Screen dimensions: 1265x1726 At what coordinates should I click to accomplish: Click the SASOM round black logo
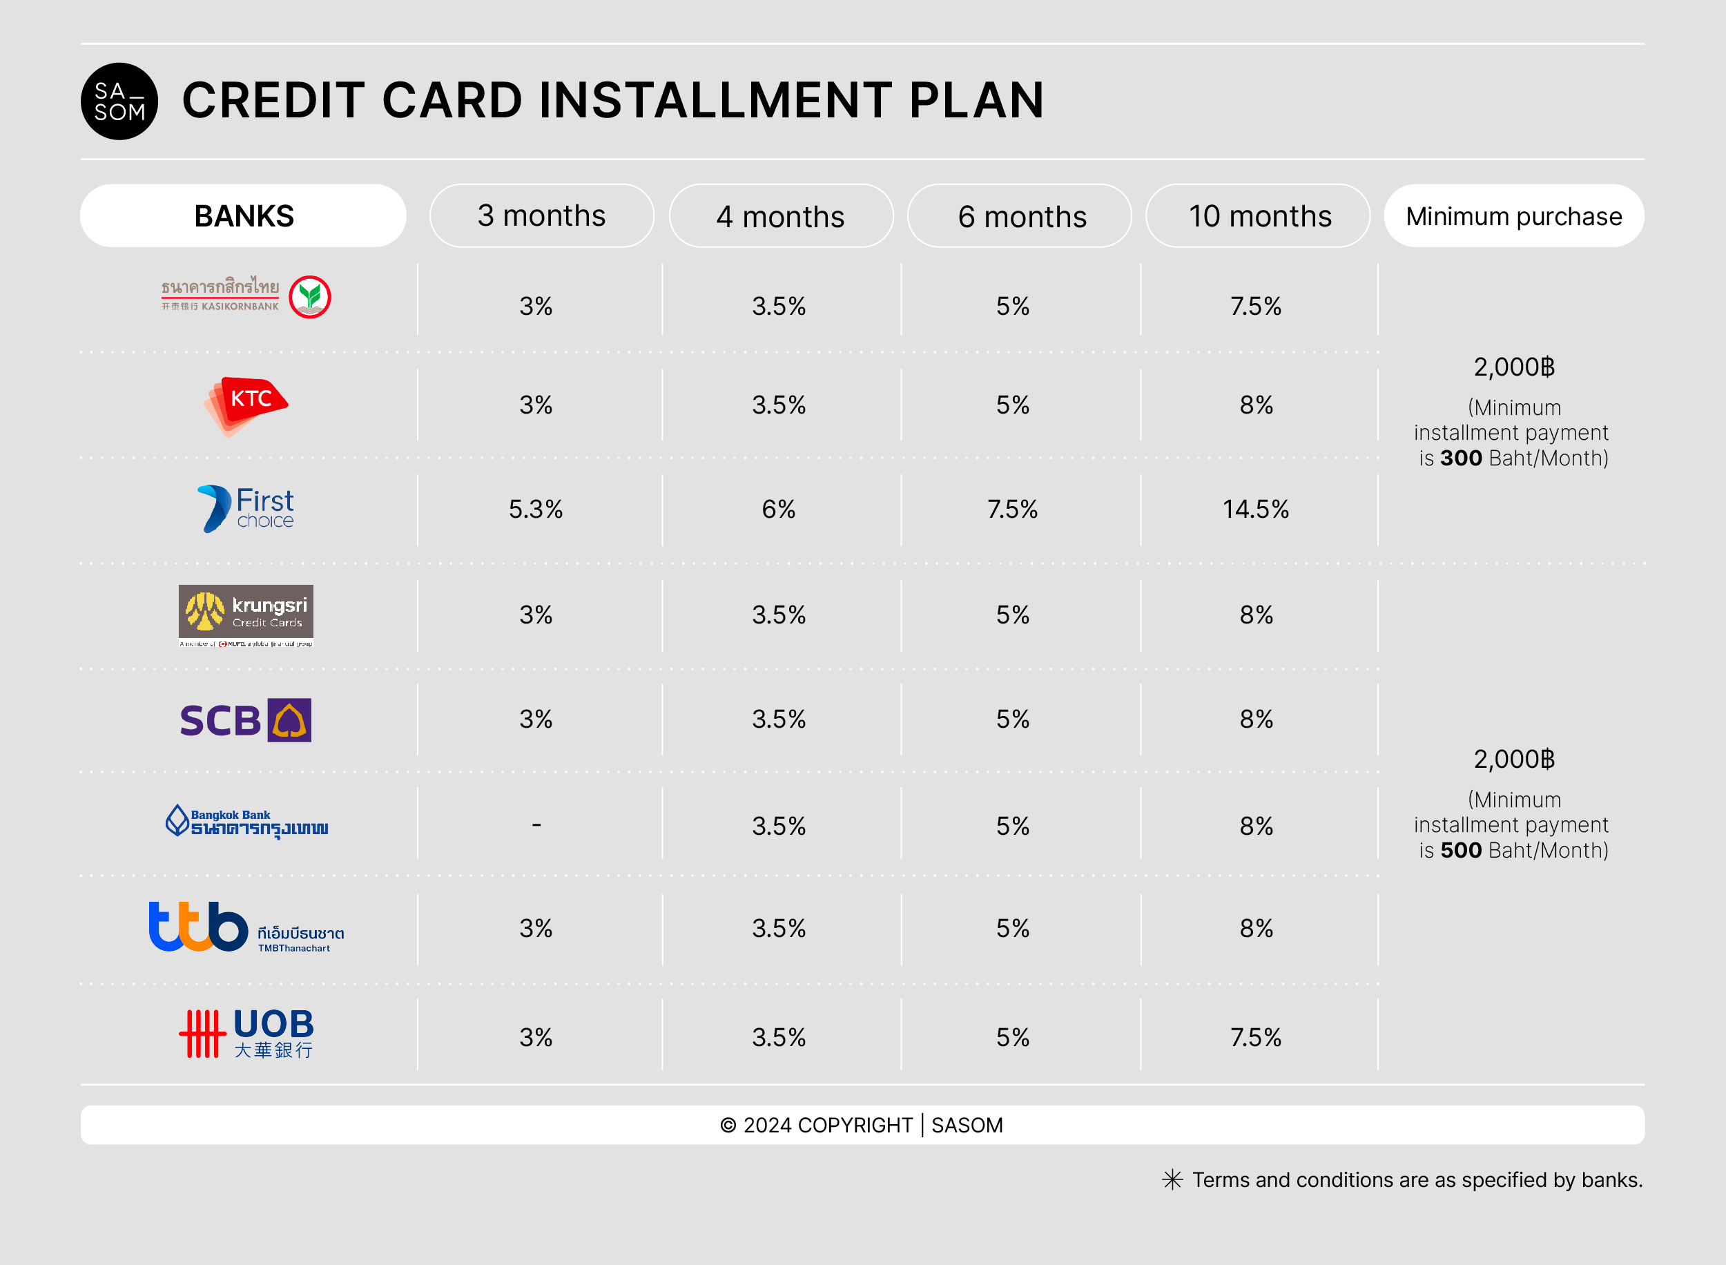(119, 101)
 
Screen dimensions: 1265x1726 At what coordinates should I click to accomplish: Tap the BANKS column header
(244, 216)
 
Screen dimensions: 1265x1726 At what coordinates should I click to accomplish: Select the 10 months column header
(1259, 216)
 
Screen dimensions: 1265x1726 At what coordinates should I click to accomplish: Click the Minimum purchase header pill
(1513, 216)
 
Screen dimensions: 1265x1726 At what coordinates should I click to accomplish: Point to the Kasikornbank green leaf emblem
(310, 297)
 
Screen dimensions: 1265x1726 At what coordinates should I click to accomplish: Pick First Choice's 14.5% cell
(1255, 509)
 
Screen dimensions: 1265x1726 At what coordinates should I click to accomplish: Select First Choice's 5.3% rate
(536, 509)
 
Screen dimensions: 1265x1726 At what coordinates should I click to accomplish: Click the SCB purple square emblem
(289, 720)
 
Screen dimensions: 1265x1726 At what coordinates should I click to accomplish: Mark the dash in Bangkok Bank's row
(536, 824)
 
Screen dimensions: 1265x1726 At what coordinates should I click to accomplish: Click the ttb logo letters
(198, 927)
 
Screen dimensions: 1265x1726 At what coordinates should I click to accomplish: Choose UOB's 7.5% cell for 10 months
(1255, 1038)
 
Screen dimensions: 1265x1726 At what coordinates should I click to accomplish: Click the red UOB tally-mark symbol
(202, 1034)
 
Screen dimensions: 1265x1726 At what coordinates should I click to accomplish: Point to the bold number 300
(1460, 458)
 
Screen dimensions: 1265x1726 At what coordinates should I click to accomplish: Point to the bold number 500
(1460, 850)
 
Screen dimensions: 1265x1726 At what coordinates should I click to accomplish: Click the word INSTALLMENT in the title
(715, 100)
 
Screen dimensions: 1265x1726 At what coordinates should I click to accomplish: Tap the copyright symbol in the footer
(728, 1125)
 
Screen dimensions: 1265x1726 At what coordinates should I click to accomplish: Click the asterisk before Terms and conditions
(1172, 1179)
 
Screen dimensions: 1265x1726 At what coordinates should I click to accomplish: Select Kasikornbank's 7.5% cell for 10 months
(1255, 307)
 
